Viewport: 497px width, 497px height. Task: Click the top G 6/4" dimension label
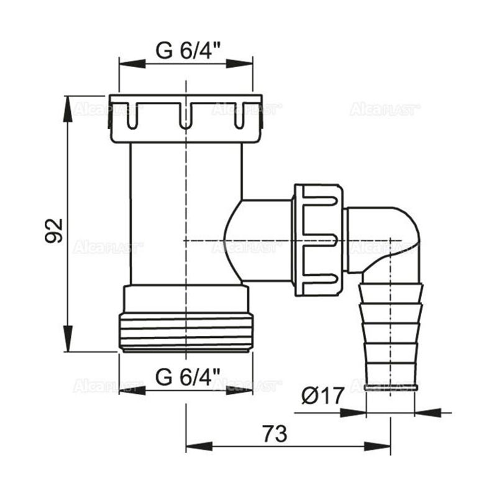click(186, 51)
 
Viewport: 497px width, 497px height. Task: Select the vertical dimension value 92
click(55, 230)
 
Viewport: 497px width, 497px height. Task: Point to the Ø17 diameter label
click(323, 396)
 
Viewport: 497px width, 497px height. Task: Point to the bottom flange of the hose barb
click(391, 386)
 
